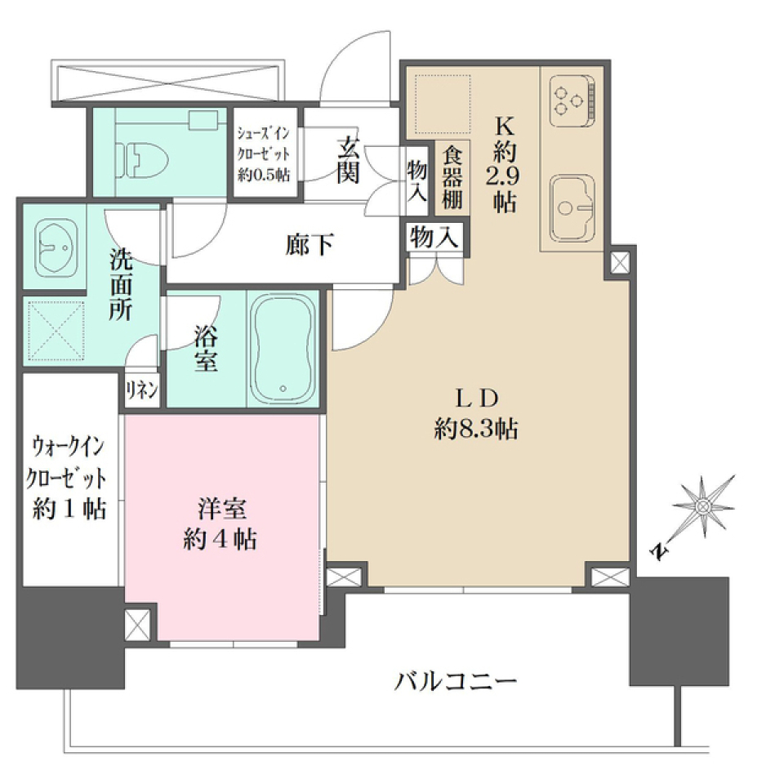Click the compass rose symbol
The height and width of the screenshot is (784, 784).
702,508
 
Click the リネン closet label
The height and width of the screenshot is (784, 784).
141,390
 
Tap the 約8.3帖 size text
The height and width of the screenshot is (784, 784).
476,430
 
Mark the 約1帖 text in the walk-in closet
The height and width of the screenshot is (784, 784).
69,509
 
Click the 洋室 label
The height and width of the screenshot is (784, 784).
221,507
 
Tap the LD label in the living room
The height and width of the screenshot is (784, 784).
476,399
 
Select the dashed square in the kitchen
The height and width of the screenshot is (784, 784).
442,102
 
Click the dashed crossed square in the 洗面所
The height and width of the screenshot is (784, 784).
56,330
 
